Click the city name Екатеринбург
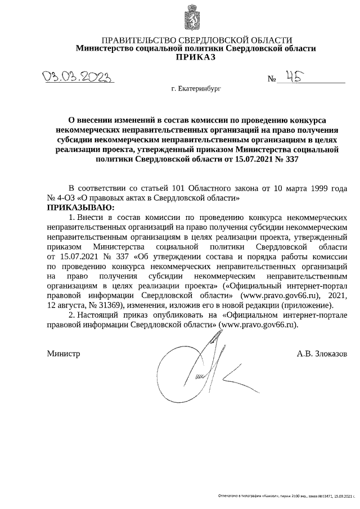click(x=199, y=89)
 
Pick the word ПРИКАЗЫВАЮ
click(x=80, y=208)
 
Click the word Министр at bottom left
click(x=63, y=354)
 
